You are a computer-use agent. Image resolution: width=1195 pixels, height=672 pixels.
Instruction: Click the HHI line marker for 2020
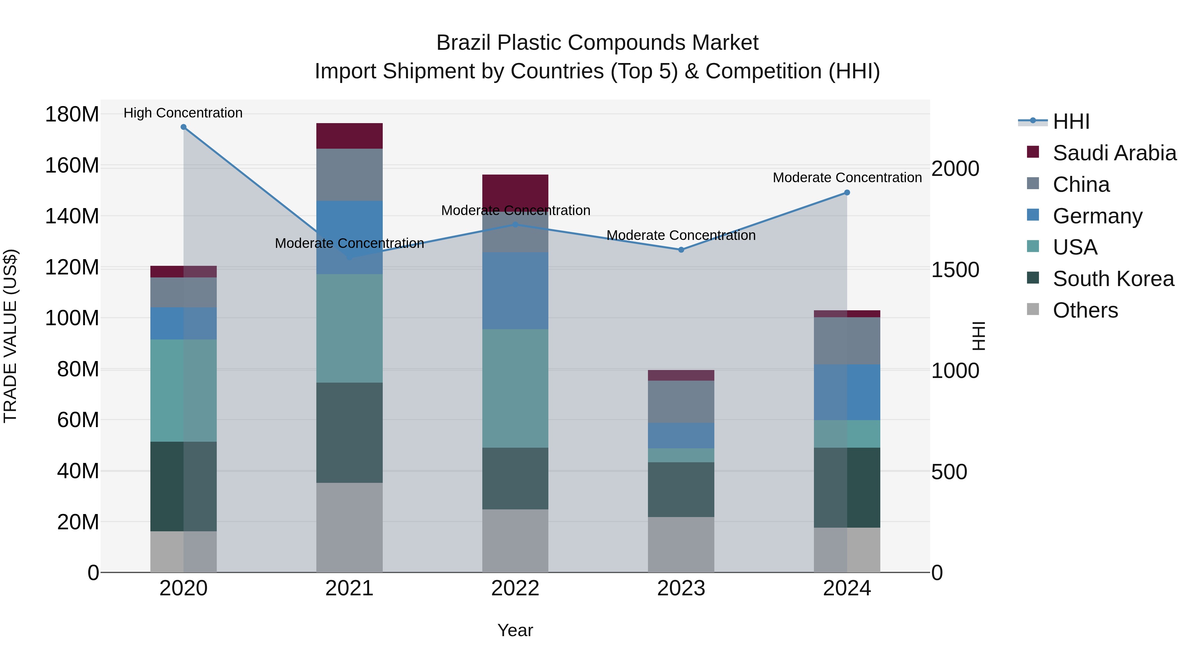183,127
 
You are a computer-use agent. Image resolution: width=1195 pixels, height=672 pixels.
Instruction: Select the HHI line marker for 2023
681,250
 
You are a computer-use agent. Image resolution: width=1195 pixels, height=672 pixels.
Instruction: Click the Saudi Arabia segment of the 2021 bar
349,136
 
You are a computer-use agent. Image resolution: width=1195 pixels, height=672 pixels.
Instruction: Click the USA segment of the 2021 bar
349,328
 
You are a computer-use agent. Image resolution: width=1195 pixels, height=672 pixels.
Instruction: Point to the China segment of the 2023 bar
681,402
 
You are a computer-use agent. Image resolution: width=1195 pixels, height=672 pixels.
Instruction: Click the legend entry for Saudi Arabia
1114,153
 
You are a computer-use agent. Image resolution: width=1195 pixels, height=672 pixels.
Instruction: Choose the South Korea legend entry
1113,279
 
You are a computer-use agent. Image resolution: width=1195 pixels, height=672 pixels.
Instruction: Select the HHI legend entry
1071,121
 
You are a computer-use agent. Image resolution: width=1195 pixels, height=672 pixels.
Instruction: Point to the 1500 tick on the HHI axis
955,270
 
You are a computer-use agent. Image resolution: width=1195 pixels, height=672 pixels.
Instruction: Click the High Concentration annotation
183,113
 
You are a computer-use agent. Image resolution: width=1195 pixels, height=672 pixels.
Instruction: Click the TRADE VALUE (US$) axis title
10,336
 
